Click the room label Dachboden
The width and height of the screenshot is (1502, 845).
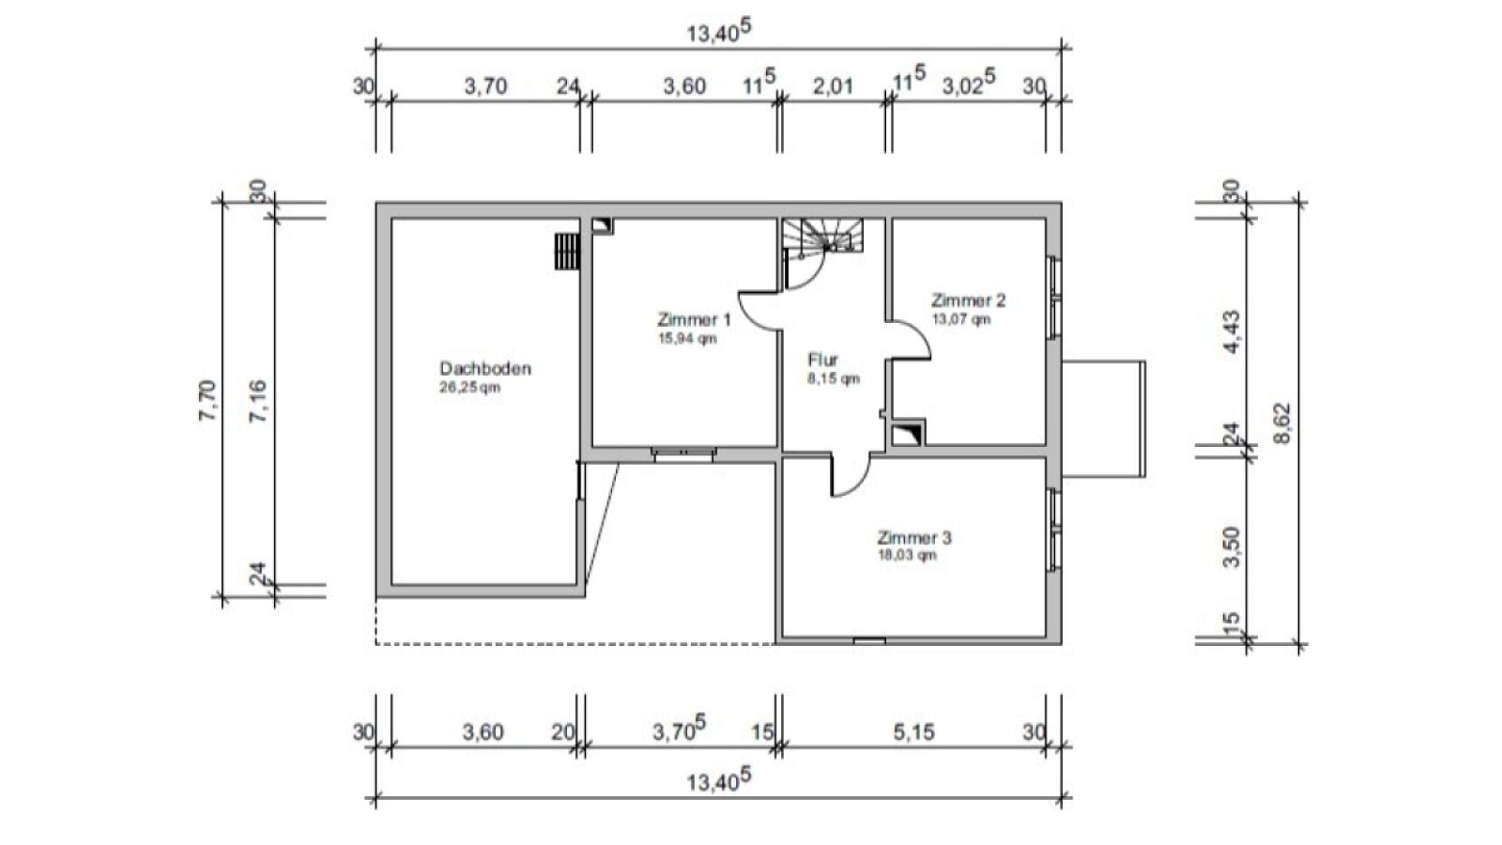click(x=485, y=368)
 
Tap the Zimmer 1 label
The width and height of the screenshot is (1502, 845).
click(x=694, y=319)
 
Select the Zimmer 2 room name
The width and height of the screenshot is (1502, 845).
click(x=968, y=300)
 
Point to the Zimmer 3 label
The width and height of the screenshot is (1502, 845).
click(x=914, y=537)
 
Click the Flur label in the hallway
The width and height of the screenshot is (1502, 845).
click(x=822, y=360)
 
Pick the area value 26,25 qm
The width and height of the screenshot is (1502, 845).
click(x=469, y=388)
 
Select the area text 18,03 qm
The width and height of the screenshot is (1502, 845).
click(x=907, y=555)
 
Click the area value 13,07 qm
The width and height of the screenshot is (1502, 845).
click(x=961, y=318)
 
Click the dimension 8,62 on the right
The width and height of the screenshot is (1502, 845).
click(x=1281, y=423)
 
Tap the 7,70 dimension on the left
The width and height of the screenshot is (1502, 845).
click(x=207, y=400)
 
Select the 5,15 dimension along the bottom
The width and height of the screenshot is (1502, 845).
click(x=913, y=731)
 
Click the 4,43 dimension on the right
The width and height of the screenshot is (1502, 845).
click(x=1232, y=332)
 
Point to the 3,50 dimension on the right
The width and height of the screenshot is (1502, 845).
click(x=1232, y=547)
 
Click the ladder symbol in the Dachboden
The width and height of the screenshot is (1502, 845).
click(x=567, y=252)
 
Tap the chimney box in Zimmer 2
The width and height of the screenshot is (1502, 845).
click(x=908, y=433)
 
